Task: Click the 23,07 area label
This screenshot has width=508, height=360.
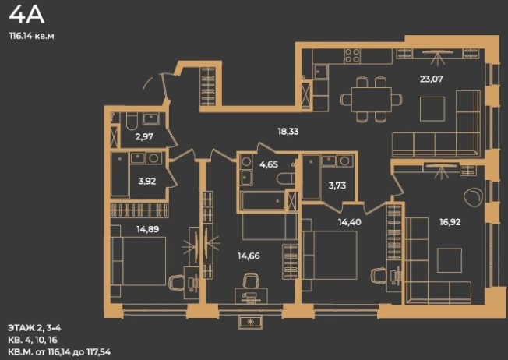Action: tap(431, 79)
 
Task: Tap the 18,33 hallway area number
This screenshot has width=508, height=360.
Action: tap(288, 132)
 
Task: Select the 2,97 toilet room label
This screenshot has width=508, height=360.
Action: tap(144, 136)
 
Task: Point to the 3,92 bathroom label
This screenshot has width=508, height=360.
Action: tap(147, 181)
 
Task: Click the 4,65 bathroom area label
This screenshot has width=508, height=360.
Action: tap(269, 164)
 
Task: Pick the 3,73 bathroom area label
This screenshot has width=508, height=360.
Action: tap(337, 185)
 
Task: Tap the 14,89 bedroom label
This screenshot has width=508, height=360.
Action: tap(148, 229)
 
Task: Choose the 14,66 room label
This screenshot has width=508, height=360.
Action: tap(249, 256)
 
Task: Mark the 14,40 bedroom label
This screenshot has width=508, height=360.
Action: tap(350, 222)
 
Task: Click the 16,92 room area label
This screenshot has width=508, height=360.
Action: tap(450, 222)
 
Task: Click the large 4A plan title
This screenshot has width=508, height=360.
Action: tap(26, 15)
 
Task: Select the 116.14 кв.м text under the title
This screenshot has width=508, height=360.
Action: tap(32, 37)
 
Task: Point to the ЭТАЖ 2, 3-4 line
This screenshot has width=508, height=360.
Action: tap(34, 328)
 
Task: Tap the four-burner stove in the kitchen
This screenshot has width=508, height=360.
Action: tap(352, 55)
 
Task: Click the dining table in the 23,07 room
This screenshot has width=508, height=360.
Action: tap(372, 99)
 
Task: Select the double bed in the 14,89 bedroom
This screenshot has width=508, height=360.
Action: tap(139, 261)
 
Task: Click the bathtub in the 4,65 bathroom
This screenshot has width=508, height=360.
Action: tap(263, 200)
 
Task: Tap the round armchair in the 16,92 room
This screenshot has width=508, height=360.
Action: tap(473, 197)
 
